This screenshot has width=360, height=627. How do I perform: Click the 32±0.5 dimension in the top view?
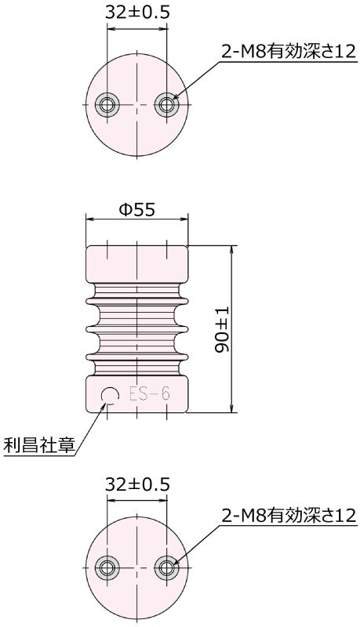(136, 12)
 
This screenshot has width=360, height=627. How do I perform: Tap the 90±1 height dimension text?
(222, 329)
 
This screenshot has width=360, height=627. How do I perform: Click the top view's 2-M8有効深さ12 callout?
(288, 53)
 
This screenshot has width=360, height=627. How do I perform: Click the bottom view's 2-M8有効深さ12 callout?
(288, 515)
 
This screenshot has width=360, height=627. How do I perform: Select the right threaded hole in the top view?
(165, 104)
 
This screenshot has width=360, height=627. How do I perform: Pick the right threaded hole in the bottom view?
(165, 567)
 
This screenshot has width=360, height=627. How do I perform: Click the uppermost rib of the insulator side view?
(136, 295)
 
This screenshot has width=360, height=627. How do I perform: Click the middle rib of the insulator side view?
(136, 328)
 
